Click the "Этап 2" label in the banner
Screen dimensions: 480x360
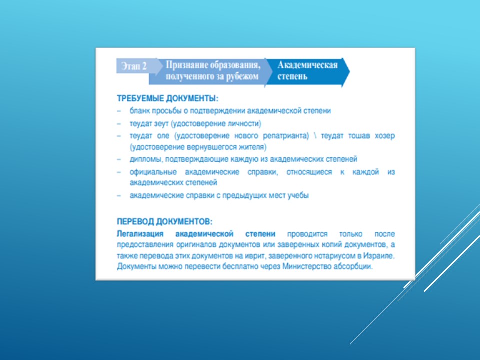[134, 66]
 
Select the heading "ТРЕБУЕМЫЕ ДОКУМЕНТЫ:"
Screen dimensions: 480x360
[168, 99]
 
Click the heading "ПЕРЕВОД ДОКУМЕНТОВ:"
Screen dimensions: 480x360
[164, 221]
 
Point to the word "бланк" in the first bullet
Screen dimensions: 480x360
[140, 111]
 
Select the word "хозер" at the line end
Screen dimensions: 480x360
[385, 136]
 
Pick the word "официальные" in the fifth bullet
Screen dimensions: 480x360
[153, 172]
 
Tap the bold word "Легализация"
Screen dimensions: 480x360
[140, 234]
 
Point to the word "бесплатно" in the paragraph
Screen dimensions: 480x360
[240, 266]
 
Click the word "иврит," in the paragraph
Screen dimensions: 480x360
[255, 256]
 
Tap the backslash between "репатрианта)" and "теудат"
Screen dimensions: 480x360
[315, 136]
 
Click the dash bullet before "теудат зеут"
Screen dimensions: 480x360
[119, 124]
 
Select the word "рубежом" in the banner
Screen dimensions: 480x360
[242, 76]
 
